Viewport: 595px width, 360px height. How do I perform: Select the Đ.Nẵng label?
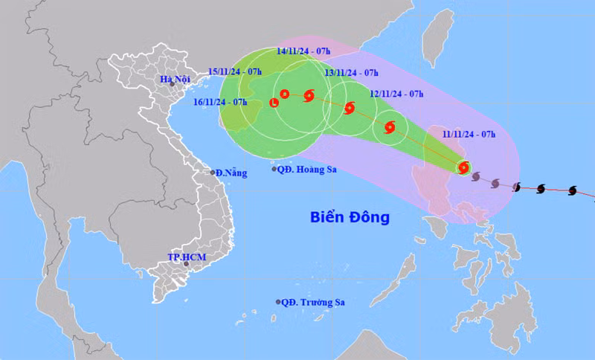(x=230, y=173)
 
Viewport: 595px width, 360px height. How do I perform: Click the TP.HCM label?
(x=186, y=257)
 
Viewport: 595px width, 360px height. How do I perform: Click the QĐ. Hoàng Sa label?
(x=307, y=170)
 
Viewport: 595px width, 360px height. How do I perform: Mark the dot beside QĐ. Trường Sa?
(x=278, y=303)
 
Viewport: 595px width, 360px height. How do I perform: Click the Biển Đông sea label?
(x=350, y=217)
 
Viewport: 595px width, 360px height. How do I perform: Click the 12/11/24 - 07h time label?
(x=396, y=94)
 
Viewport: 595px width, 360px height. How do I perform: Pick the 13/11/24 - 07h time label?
(x=351, y=72)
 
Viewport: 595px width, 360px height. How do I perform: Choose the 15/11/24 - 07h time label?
(x=235, y=71)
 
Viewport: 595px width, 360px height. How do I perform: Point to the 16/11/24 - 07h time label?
(x=220, y=101)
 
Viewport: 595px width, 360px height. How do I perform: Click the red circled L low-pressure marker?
(x=274, y=102)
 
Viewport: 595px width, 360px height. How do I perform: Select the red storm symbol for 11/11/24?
(x=464, y=168)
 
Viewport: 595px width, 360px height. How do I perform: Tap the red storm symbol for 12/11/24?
(x=389, y=127)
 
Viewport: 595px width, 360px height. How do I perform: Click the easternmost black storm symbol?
(x=572, y=191)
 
